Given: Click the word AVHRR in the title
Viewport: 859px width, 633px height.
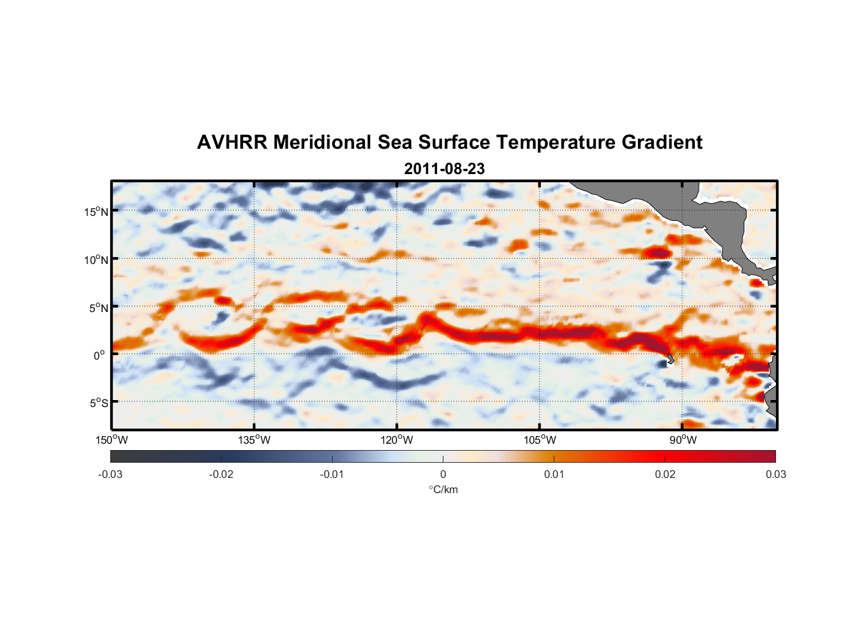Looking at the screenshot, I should pos(232,142).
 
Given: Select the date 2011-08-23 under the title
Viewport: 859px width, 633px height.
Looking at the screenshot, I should pos(444,169).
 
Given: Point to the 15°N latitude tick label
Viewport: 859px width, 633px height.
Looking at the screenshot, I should pos(96,211).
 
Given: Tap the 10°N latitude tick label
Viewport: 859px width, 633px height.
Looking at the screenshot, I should pos(96,260).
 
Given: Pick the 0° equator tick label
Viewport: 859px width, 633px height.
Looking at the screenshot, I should pos(99,355).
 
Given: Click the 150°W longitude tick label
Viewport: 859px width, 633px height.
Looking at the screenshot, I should pos(111,440).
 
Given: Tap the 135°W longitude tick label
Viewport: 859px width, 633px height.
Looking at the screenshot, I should pos(254,440).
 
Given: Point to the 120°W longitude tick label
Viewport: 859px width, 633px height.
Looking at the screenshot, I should pos(397,440).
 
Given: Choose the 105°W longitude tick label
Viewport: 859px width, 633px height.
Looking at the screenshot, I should pos(540,440).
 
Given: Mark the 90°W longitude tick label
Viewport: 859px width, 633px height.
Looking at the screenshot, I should pos(682,440).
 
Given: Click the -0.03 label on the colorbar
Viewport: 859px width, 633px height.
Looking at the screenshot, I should pos(110,474).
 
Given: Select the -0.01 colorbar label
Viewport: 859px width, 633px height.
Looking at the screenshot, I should pos(332,474).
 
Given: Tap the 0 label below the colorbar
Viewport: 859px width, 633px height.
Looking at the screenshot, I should pos(443,474).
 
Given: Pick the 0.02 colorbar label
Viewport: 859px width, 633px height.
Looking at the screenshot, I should pos(665,474).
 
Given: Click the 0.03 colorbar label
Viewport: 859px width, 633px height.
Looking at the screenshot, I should pos(775,474).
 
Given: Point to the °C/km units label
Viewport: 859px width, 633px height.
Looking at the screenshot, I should pos(443,489).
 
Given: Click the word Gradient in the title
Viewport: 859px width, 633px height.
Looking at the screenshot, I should pos(662,142).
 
